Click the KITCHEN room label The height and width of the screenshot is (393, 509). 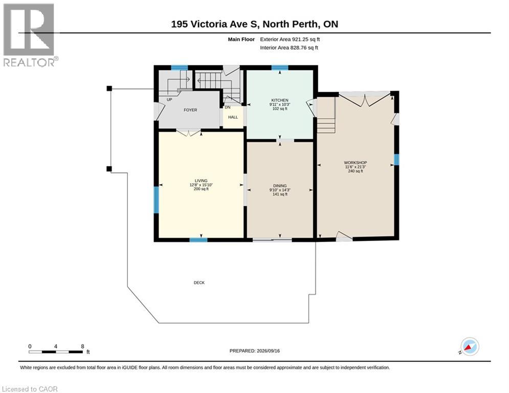pyautogui.click(x=280, y=100)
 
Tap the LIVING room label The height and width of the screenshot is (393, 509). pyautogui.click(x=201, y=181)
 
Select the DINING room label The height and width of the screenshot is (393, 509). pyautogui.click(x=280, y=186)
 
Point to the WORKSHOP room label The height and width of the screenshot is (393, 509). pyautogui.click(x=356, y=162)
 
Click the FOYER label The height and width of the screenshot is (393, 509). pyautogui.click(x=190, y=110)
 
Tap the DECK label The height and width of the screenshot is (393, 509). pyautogui.click(x=199, y=282)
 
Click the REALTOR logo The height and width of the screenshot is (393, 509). pyautogui.click(x=30, y=35)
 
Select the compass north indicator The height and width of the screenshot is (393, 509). pyautogui.click(x=470, y=346)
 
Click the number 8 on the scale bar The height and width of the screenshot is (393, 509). pyautogui.click(x=82, y=346)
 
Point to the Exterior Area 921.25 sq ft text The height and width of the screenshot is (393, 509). pyautogui.click(x=290, y=39)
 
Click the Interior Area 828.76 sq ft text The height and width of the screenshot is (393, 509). pyautogui.click(x=289, y=48)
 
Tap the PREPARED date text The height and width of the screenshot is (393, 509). pyautogui.click(x=255, y=351)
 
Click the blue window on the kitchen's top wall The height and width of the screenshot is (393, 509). pyautogui.click(x=280, y=68)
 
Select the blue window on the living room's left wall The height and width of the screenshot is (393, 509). pyautogui.click(x=156, y=200)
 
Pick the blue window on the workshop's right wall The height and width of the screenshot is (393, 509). pyautogui.click(x=396, y=160)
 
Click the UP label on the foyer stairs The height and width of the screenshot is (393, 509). pyautogui.click(x=169, y=100)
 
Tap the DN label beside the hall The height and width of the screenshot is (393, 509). pyautogui.click(x=228, y=107)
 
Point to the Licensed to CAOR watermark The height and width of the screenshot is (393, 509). pyautogui.click(x=30, y=389)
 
